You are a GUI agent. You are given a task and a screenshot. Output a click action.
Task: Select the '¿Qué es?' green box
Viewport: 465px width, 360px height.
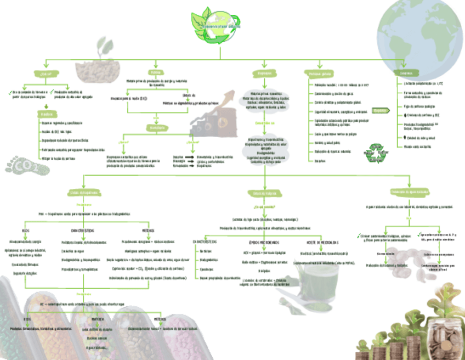coord(46,73)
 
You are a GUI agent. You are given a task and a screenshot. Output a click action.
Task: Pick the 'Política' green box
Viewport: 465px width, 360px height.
coord(156,72)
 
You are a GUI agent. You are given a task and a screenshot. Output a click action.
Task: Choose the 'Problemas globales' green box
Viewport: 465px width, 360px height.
coord(320,73)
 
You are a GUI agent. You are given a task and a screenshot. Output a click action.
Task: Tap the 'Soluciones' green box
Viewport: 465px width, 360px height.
coord(407,73)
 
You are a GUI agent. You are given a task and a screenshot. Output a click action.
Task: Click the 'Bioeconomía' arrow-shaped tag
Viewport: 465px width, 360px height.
coord(382,110)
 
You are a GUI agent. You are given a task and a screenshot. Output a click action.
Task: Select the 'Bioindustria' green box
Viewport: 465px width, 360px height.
coord(156,127)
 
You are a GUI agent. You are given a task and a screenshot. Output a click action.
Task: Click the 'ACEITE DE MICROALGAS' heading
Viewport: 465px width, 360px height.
coord(322,242)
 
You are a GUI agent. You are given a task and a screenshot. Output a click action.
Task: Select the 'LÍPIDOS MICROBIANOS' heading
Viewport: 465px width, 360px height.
coord(264,242)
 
